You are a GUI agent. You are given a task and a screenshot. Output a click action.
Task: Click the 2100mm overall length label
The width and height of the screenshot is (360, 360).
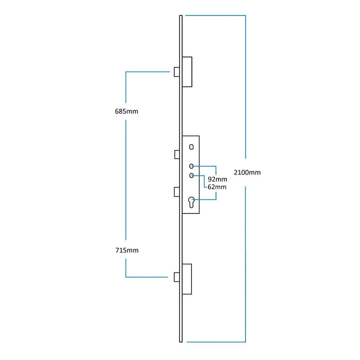coord(247,172)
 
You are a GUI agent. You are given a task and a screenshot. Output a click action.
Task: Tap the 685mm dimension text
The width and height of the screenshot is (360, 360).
coord(127,111)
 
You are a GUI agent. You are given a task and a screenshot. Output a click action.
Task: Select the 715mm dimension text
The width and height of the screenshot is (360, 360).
coord(127,250)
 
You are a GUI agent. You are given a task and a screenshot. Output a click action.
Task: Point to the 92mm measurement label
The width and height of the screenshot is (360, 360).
coord(217,179)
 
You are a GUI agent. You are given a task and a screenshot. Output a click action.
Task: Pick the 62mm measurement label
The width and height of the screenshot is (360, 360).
coord(217,187)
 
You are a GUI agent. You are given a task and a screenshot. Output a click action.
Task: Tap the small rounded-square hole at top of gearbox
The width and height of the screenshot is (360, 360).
coord(191,147)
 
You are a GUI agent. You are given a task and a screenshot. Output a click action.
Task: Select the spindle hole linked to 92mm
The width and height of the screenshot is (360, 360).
coord(191,166)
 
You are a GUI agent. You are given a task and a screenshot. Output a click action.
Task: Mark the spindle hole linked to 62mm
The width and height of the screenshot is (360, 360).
coord(191,175)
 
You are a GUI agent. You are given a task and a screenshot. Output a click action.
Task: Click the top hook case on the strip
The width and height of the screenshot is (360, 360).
coord(187,71)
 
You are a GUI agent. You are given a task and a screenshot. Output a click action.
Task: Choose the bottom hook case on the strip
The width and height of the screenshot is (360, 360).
coord(187,279)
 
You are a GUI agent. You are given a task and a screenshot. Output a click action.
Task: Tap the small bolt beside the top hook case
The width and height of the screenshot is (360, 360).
coord(176,71)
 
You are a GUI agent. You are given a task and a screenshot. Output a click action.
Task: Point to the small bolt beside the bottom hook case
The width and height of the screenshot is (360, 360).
coord(176,277)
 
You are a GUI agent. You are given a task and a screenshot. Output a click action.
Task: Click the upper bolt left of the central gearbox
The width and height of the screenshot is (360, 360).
coord(176,154)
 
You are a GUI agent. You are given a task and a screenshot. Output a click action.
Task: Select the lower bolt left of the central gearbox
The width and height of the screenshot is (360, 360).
coord(176,191)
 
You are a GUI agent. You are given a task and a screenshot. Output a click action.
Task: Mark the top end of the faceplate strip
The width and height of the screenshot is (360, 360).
coord(181,17)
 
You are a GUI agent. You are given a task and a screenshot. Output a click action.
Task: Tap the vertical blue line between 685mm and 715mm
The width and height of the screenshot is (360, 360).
coord(127,180)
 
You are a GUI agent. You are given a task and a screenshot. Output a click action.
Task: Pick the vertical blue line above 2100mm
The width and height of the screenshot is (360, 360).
coord(245,87)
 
